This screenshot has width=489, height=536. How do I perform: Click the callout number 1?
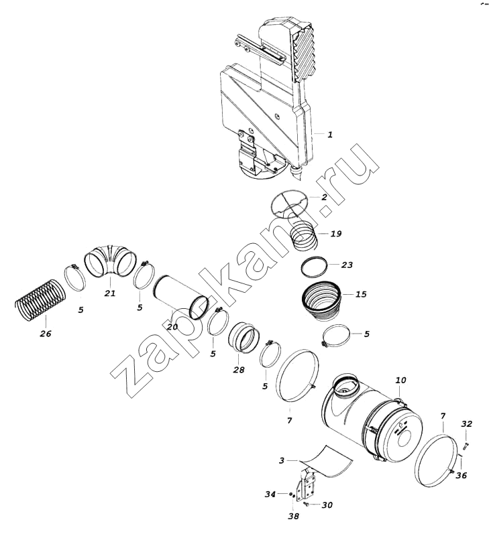coord(330,135)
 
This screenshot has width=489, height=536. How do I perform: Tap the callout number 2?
coord(324,197)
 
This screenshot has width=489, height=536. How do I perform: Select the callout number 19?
coord(336,233)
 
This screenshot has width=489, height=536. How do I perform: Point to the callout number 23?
coord(347,265)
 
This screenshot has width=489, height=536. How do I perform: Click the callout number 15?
coord(361,294)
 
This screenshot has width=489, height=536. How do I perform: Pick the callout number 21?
coord(110,293)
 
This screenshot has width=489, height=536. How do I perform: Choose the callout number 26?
coord(45,333)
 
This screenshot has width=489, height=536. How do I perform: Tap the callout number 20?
coord(172,327)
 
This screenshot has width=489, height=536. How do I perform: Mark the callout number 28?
coord(239,370)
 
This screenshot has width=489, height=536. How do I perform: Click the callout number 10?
coord(400,380)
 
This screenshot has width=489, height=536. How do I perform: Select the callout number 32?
coord(466,424)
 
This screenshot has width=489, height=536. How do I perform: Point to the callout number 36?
coord(461,475)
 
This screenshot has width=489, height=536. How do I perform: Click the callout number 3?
coord(282,460)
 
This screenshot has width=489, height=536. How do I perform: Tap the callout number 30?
coord(327,505)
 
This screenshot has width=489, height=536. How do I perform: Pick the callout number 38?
coord(293,516)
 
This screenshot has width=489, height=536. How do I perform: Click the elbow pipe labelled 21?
coord(110,260)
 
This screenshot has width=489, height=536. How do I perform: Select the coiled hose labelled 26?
coord(40,300)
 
